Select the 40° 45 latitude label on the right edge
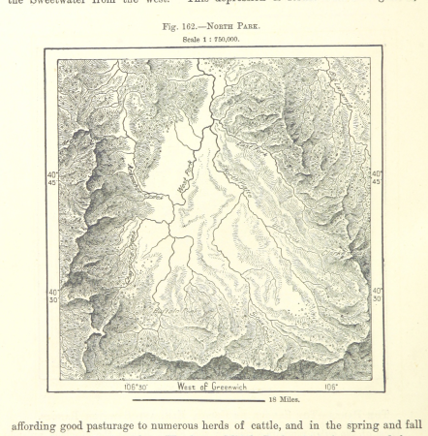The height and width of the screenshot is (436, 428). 377,178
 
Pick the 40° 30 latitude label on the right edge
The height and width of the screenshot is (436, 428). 377,294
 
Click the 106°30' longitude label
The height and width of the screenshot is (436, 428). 136,387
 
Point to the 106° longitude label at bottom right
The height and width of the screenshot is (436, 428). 330,387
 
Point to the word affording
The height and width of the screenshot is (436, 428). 46,423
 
